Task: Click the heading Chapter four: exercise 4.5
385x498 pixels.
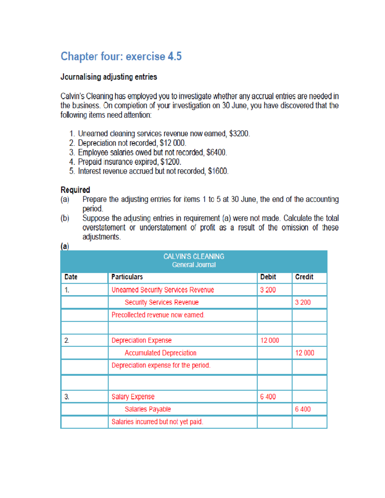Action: point(121,56)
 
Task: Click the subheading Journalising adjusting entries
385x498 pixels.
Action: point(109,77)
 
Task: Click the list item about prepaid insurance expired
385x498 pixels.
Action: point(129,162)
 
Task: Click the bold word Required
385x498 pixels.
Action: point(75,190)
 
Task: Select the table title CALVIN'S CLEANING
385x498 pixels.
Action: point(194,257)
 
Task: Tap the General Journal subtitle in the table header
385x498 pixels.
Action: point(194,265)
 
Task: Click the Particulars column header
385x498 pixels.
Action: point(127,277)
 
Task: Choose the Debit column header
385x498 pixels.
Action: point(268,277)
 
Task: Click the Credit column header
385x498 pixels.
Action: point(304,277)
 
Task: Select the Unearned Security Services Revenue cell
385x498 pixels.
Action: point(163,290)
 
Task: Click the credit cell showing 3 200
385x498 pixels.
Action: point(303,302)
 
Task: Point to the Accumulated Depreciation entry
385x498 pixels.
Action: point(160,353)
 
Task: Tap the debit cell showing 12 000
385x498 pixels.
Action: point(269,341)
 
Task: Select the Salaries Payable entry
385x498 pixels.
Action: point(148,409)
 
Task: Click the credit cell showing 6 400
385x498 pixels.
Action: point(303,409)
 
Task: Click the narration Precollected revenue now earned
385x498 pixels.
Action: point(158,315)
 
